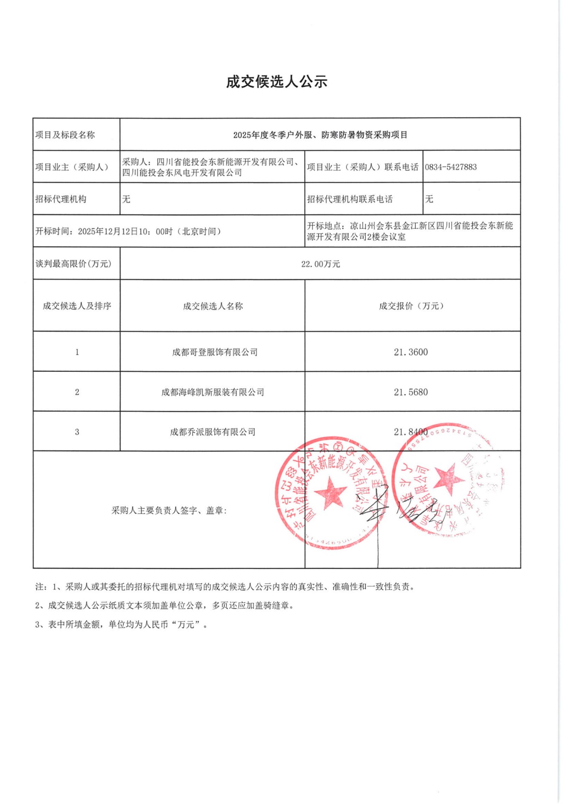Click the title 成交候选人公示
click(x=277, y=82)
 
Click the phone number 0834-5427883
click(x=451, y=167)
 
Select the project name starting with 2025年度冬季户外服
click(x=320, y=135)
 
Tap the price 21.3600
click(x=411, y=352)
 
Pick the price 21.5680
click(x=411, y=392)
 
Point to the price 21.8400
click(x=411, y=432)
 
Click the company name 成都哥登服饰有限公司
click(x=215, y=352)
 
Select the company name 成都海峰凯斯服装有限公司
click(x=213, y=392)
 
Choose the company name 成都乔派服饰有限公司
click(x=213, y=432)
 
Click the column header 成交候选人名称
click(x=213, y=306)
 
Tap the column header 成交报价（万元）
click(x=411, y=306)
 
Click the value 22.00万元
click(x=320, y=264)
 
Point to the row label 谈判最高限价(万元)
click(x=74, y=264)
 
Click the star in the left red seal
click(x=330, y=492)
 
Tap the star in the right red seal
click(x=448, y=477)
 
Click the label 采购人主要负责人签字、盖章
click(x=169, y=510)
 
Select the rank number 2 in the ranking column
click(x=77, y=392)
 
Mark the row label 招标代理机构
click(x=61, y=199)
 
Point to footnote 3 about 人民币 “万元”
click(x=121, y=625)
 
